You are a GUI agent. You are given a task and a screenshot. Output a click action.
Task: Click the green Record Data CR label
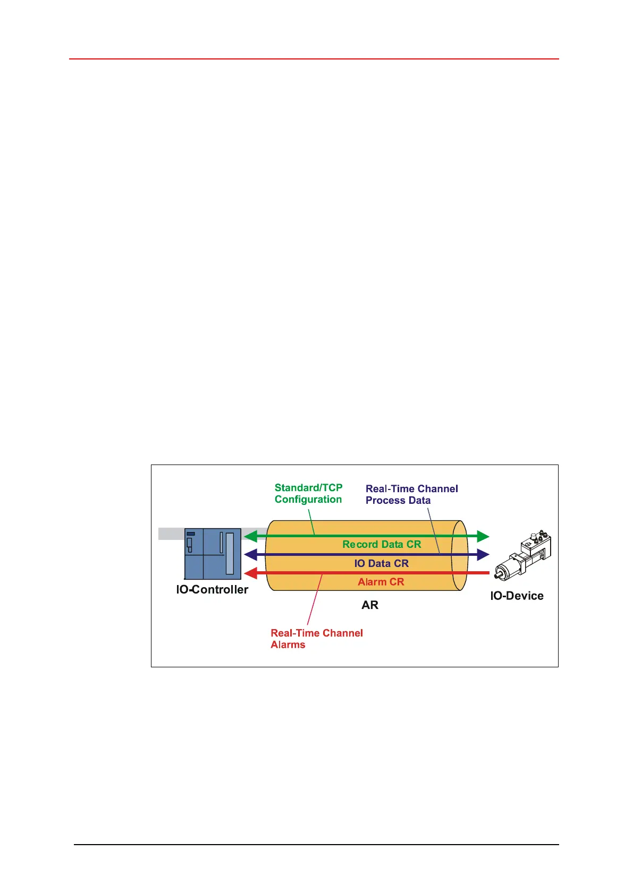[x=382, y=544]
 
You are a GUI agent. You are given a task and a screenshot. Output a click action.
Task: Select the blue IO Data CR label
[x=381, y=563]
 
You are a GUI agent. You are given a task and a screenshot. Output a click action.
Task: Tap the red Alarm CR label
[x=381, y=582]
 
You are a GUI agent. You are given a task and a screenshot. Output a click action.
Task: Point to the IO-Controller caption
[x=212, y=589]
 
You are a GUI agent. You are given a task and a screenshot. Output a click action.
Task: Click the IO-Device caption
[x=517, y=596]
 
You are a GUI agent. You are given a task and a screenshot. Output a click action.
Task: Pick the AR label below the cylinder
[x=370, y=605]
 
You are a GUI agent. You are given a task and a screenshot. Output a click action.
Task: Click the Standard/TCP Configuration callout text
[x=308, y=493]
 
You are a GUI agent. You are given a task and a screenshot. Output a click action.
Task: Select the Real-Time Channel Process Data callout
[x=411, y=494]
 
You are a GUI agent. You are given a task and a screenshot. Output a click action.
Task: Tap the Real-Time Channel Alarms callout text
[x=317, y=639]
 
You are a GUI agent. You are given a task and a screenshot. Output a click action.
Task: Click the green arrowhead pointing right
[x=483, y=536]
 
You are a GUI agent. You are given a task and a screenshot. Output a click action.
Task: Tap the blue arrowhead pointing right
[x=483, y=555]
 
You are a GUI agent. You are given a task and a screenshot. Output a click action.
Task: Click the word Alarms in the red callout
[x=288, y=644]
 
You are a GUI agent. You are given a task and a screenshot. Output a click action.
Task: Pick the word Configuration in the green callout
[x=308, y=499]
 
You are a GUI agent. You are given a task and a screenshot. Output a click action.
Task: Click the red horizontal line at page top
[x=314, y=59]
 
